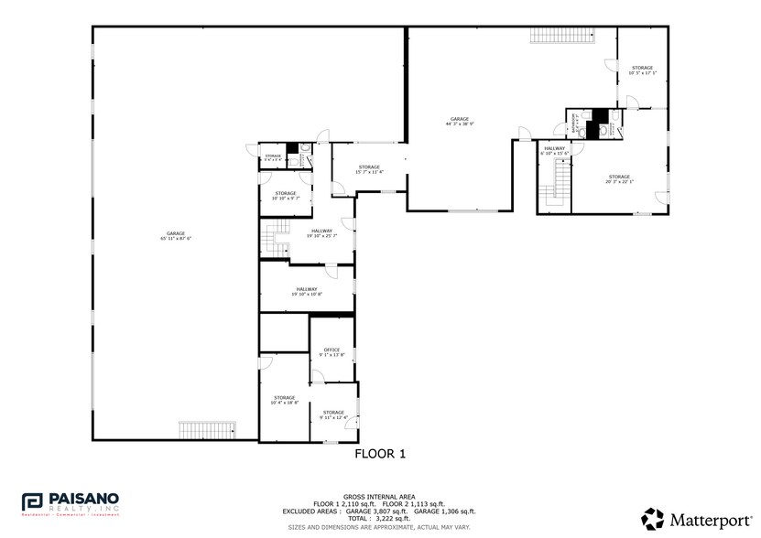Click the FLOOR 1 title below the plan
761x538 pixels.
(379, 453)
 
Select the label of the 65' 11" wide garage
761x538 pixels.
(175, 235)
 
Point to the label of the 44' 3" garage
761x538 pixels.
(459, 121)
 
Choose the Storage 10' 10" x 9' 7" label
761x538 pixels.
(286, 195)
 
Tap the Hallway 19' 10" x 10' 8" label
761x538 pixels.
(306, 292)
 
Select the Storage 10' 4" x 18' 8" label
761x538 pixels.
(284, 400)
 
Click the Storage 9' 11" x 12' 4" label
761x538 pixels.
(332, 414)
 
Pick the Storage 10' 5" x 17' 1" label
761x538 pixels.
(642, 70)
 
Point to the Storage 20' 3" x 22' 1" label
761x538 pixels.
(619, 178)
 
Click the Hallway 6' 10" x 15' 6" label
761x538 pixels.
(555, 150)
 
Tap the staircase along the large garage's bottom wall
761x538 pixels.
(207, 430)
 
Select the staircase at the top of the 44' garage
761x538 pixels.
(562, 36)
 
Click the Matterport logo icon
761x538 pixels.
(652, 518)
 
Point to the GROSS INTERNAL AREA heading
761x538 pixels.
(380, 495)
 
